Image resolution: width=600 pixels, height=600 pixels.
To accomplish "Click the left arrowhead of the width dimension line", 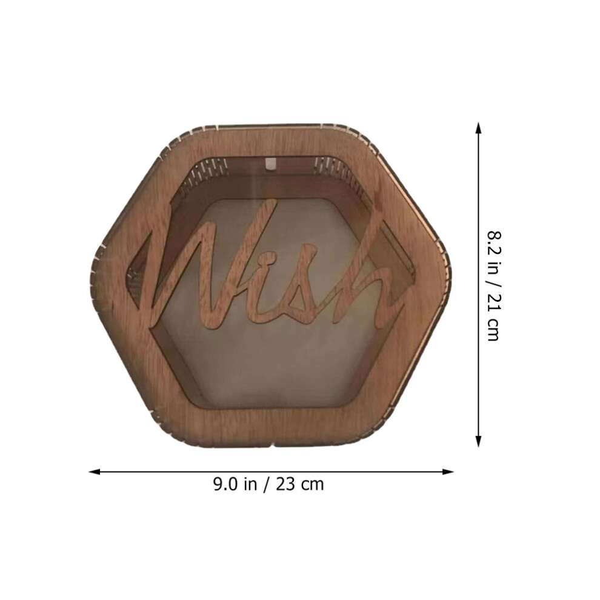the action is pyautogui.click(x=94, y=472).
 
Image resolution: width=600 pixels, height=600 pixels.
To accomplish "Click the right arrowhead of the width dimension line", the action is pyautogui.click(x=448, y=472).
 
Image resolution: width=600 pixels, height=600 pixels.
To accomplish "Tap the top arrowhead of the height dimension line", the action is pyautogui.click(x=478, y=128).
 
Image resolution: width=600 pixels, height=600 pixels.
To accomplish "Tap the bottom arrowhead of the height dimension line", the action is pyautogui.click(x=478, y=441).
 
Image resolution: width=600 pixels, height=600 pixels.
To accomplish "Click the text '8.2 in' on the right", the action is pyautogui.click(x=493, y=251).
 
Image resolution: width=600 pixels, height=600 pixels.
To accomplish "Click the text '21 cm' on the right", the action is pyautogui.click(x=493, y=318).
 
